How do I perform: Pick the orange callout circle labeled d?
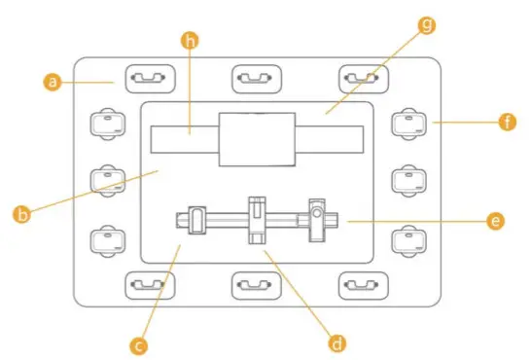pyautogui.click(x=337, y=342)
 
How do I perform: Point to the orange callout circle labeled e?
pyautogui.click(x=496, y=222)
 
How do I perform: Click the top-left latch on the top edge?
pyautogui.click(x=149, y=77)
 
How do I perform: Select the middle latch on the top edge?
pyautogui.click(x=256, y=77)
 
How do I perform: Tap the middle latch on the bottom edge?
pyautogui.click(x=256, y=285)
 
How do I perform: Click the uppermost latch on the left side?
pyautogui.click(x=108, y=124)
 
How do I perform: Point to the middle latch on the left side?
pyautogui.click(x=108, y=180)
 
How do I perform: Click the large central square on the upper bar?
pyautogui.click(x=257, y=139)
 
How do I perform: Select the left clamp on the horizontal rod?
pyautogui.click(x=196, y=220)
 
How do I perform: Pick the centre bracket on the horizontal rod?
pyautogui.click(x=257, y=220)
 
